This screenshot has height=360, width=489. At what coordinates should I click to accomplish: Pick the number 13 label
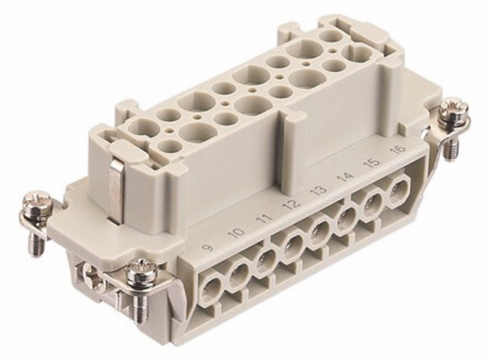[319, 189]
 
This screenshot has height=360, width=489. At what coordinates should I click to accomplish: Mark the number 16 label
[398, 149]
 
